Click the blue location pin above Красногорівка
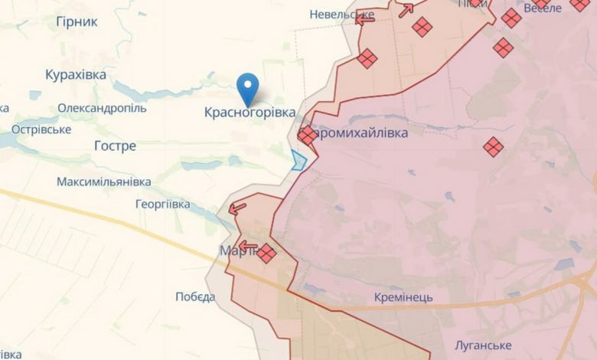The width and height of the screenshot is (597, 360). point(249,87)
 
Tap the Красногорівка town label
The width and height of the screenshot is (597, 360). point(250,113)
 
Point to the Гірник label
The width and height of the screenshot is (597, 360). point(77,21)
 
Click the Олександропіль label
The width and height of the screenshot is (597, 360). point(102,108)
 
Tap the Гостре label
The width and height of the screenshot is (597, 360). point(115,146)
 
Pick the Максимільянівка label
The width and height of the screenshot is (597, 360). point(103,182)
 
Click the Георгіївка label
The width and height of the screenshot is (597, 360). point(162,205)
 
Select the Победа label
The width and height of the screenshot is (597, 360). point(195,297)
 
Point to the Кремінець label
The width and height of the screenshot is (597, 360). point(404,297)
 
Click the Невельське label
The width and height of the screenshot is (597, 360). point(341,15)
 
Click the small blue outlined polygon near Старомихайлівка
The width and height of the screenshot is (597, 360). point(298,160)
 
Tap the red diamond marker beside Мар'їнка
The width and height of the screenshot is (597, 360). point(266,253)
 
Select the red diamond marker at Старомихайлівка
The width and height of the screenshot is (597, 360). point(307,136)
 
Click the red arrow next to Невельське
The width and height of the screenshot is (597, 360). point(366,17)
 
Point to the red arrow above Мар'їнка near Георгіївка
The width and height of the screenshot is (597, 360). point(238,207)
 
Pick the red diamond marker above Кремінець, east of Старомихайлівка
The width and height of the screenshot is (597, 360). point(494,147)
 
